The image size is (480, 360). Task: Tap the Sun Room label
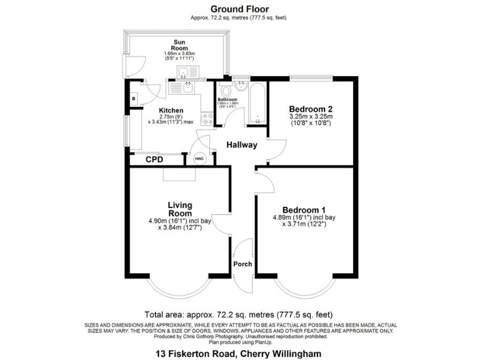(179, 44)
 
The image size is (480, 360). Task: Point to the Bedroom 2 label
(311, 107)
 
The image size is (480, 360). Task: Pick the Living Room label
(179, 209)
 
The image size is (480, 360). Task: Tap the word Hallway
(241, 145)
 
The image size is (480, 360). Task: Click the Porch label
(242, 264)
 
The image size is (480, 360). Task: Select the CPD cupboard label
(154, 160)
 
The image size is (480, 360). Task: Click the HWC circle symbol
(199, 159)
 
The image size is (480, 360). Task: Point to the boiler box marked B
(134, 99)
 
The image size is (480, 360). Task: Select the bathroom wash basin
(240, 86)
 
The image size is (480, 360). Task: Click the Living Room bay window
(179, 289)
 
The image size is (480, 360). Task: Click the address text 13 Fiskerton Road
(239, 353)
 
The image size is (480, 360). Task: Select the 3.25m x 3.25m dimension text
(311, 116)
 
